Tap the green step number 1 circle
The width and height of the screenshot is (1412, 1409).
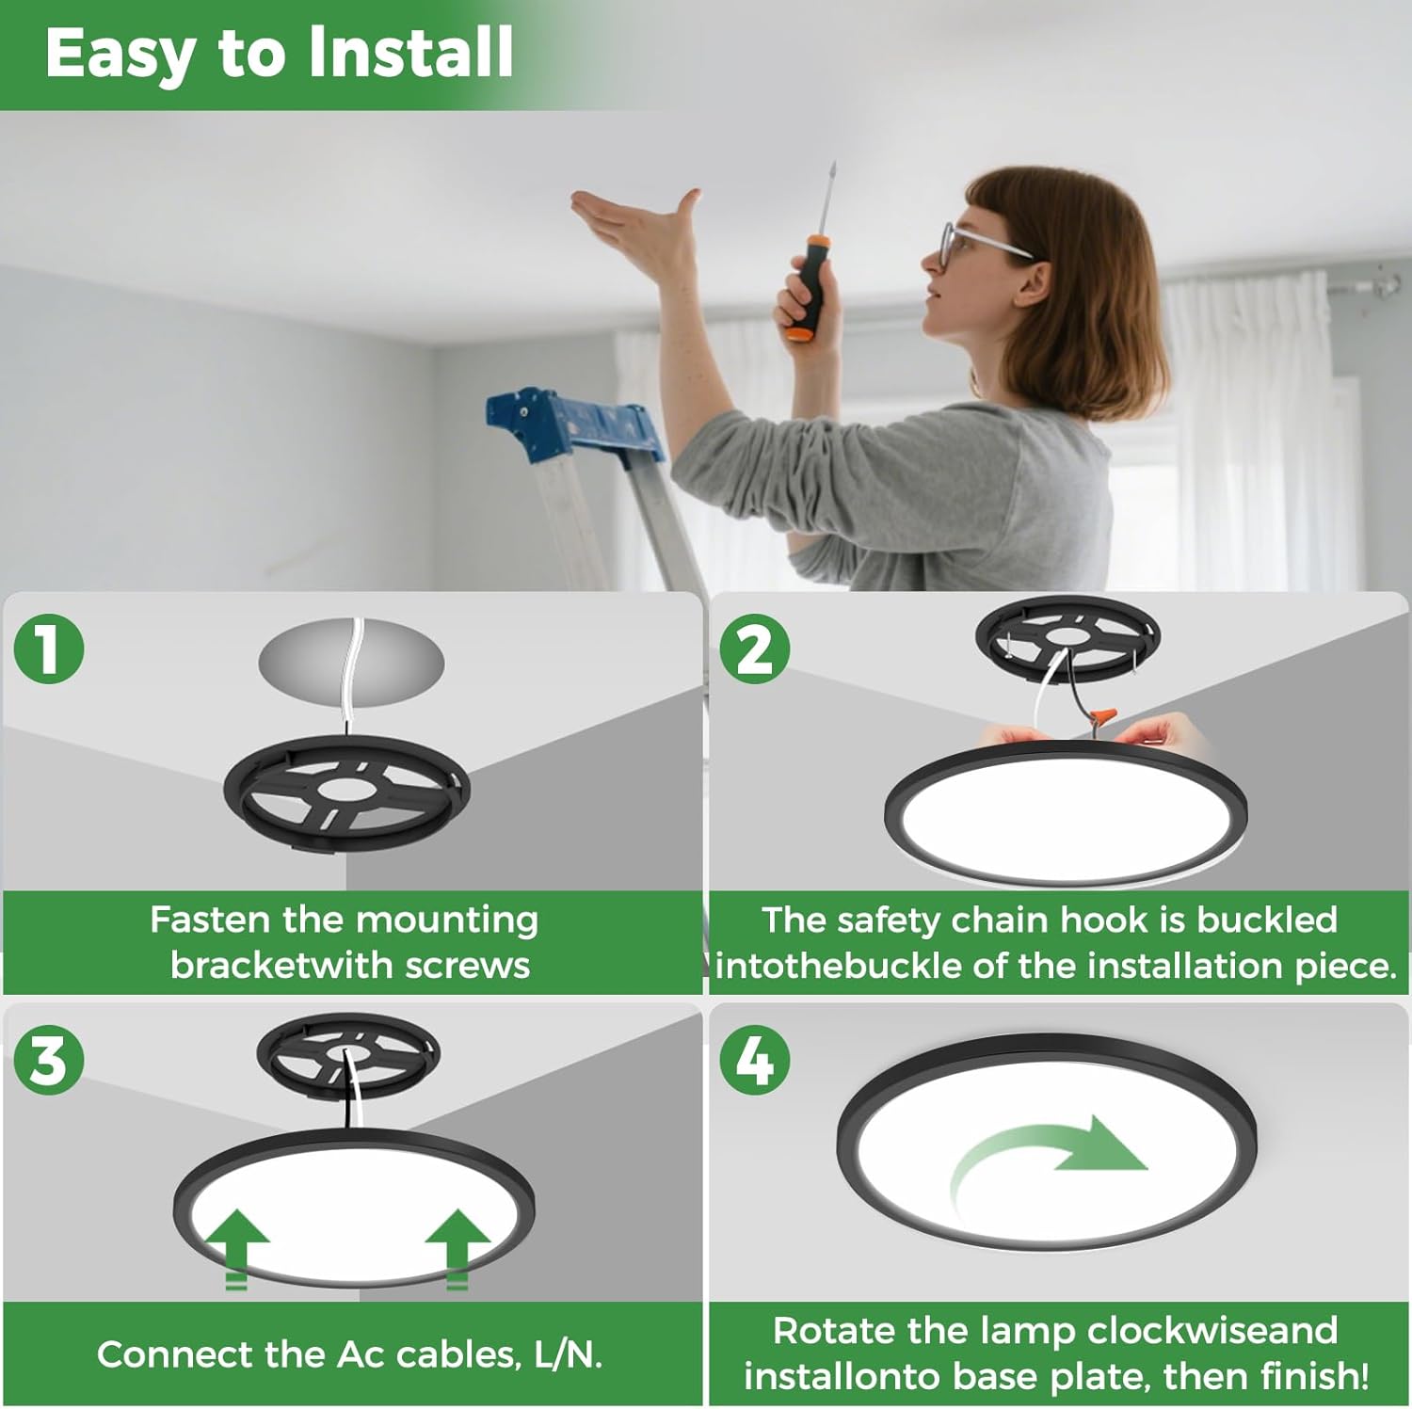(x=49, y=648)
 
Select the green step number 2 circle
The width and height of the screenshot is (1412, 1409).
(x=755, y=648)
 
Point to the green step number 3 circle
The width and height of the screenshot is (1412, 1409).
(x=49, y=1061)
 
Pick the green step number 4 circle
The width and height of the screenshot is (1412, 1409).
(x=755, y=1061)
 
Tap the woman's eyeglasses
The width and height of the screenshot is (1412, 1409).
(x=979, y=240)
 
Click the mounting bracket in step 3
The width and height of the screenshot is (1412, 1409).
(x=348, y=1054)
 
